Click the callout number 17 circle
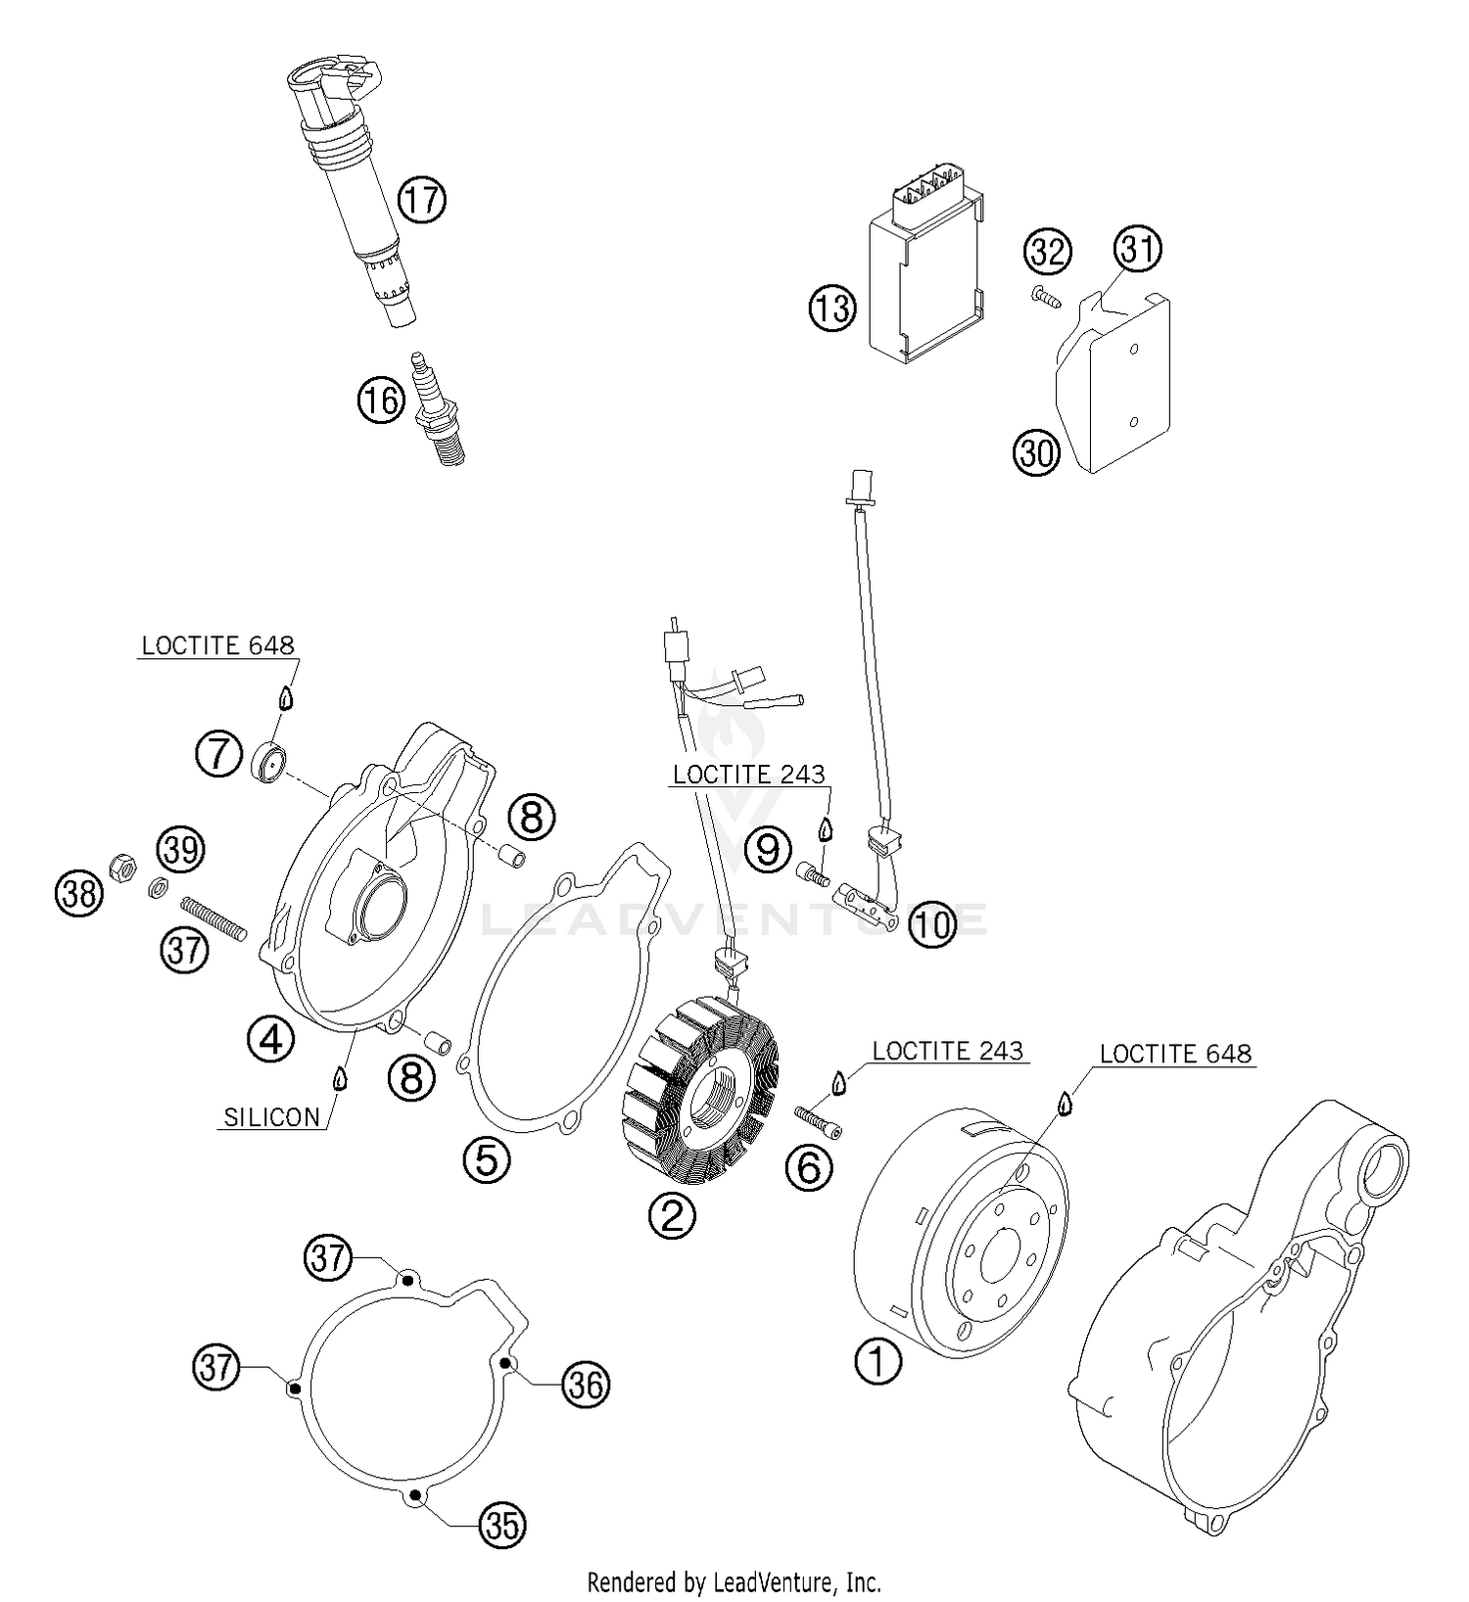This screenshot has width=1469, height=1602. tap(422, 200)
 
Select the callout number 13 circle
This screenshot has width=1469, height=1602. tap(831, 308)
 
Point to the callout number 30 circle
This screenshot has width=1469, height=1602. tap(1036, 453)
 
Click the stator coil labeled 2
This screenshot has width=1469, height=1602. tap(700, 1093)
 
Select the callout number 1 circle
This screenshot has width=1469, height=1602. tap(878, 1360)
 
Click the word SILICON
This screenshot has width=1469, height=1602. tap(271, 1117)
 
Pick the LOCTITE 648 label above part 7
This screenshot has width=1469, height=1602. tap(217, 645)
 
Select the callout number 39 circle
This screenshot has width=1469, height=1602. tap(181, 849)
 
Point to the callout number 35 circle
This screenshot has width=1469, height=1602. tap(502, 1525)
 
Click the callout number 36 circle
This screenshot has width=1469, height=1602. tap(586, 1384)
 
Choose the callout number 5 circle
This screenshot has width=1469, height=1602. tap(487, 1160)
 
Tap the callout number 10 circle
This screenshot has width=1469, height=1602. tap(932, 923)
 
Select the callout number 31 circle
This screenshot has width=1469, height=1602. tap(1138, 249)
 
